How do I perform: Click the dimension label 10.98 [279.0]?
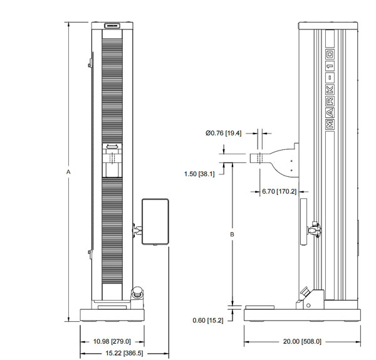(x=112, y=342)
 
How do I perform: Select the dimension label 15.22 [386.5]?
(x=124, y=353)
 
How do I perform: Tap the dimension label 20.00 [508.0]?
(x=302, y=342)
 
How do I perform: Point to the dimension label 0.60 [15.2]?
(x=208, y=320)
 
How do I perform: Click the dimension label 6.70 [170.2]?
(x=279, y=191)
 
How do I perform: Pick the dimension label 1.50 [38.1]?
(x=199, y=174)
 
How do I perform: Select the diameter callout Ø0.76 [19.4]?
(x=224, y=133)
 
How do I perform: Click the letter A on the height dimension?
(x=68, y=172)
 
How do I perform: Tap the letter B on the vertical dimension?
(x=232, y=234)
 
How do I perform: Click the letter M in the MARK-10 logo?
(x=330, y=124)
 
